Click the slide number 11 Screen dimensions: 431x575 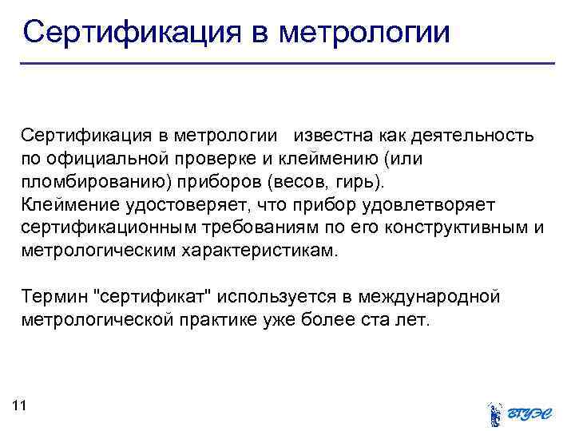(20, 406)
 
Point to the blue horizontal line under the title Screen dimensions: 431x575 (287, 63)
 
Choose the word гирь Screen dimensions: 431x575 (368, 180)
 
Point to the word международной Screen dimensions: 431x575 (431, 298)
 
